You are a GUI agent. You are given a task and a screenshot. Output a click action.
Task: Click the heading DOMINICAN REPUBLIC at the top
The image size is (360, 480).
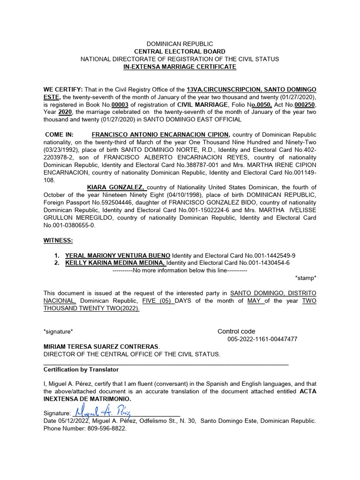point(180,44)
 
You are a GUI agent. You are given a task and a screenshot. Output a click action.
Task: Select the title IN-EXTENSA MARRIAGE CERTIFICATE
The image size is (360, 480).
point(180,67)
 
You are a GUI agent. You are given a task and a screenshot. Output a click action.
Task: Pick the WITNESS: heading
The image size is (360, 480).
point(58,240)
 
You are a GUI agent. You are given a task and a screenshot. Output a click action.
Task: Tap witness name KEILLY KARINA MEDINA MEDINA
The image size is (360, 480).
point(115,263)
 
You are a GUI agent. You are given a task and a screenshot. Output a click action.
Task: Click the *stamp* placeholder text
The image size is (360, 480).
point(305,278)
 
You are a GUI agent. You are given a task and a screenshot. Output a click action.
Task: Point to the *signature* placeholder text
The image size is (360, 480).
point(58,331)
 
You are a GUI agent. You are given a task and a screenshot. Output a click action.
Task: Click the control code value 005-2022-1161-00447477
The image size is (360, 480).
point(262,339)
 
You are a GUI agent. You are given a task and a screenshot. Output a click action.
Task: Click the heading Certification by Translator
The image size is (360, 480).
point(81,370)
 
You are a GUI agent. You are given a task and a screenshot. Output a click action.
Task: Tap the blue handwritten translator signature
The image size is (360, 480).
point(102,412)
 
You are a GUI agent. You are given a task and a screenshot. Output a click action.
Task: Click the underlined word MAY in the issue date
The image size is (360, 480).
point(255,300)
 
